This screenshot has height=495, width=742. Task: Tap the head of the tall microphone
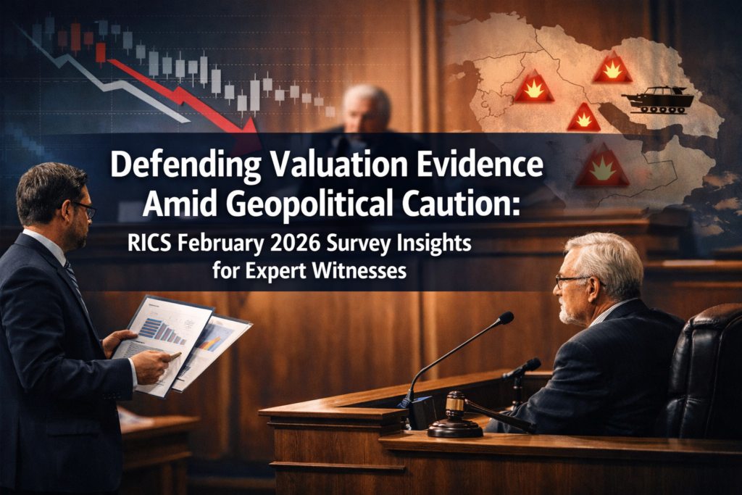tap(506, 318)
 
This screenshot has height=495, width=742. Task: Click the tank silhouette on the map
tap(656, 101)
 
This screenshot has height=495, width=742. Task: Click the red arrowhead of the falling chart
tap(248, 128)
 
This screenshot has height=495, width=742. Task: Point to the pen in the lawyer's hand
tap(172, 355)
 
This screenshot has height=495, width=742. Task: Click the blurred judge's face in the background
tap(364, 109)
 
